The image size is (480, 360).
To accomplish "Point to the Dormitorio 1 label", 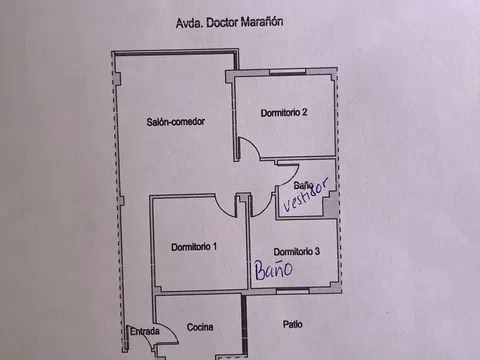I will pyautogui.click(x=194, y=246).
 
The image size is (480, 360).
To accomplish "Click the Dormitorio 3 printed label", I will pyautogui.click(x=296, y=251).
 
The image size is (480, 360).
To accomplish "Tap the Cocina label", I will pyautogui.click(x=199, y=327).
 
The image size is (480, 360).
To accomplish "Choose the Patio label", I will pyautogui.click(x=292, y=324).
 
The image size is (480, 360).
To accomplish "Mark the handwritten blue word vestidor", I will pyautogui.click(x=306, y=196).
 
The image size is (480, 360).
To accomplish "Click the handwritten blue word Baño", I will pyautogui.click(x=271, y=269).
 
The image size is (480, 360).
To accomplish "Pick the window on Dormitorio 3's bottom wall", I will pyautogui.click(x=292, y=289).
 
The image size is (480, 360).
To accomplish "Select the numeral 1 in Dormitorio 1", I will pyautogui.click(x=216, y=246).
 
